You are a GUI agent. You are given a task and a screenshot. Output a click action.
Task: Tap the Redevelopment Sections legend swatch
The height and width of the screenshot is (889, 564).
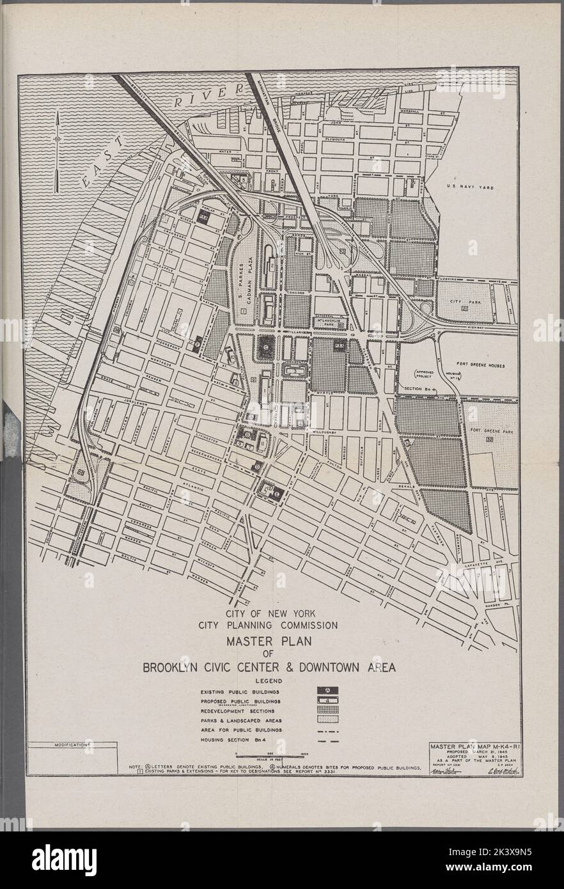(327, 711)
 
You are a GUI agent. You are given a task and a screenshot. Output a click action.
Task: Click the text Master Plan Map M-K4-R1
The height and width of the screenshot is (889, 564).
(472, 745)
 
